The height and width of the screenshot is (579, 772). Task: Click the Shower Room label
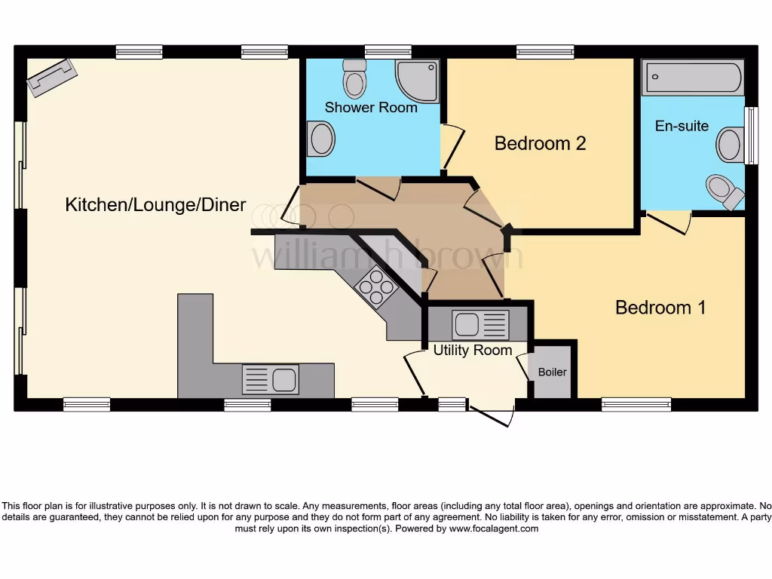371,108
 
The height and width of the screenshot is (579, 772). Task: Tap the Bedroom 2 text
540,143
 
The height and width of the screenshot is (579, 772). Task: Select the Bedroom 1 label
660,308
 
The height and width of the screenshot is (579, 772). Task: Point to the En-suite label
682,126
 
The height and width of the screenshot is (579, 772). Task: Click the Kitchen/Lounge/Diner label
155,205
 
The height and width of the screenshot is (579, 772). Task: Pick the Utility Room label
472,351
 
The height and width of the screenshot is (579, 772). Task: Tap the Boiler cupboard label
552,372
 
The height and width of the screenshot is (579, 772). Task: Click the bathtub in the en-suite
693,78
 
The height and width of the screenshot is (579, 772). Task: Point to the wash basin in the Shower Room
320,140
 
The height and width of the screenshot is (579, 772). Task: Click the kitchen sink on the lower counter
270,378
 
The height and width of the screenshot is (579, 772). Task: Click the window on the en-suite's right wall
751,136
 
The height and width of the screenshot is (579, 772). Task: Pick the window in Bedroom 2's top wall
545,51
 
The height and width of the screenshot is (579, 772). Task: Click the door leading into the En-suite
669,222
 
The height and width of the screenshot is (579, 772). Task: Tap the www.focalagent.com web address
494,528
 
